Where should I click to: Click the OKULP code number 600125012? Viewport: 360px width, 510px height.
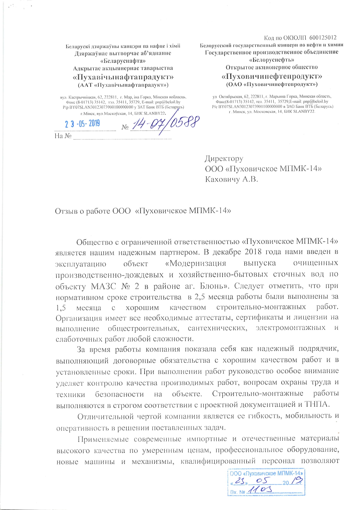click(x=323, y=37)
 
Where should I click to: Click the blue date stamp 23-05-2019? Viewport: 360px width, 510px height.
click(x=82, y=124)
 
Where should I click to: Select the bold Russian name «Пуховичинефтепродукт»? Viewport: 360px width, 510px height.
click(x=272, y=76)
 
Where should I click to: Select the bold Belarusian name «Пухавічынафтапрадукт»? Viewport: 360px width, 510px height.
click(x=123, y=77)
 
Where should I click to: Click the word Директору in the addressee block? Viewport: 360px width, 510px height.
click(x=224, y=159)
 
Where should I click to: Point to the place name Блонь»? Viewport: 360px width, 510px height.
click(x=215, y=286)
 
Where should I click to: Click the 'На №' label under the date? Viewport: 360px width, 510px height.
click(x=63, y=136)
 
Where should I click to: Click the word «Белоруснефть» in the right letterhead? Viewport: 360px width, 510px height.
click(x=272, y=60)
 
